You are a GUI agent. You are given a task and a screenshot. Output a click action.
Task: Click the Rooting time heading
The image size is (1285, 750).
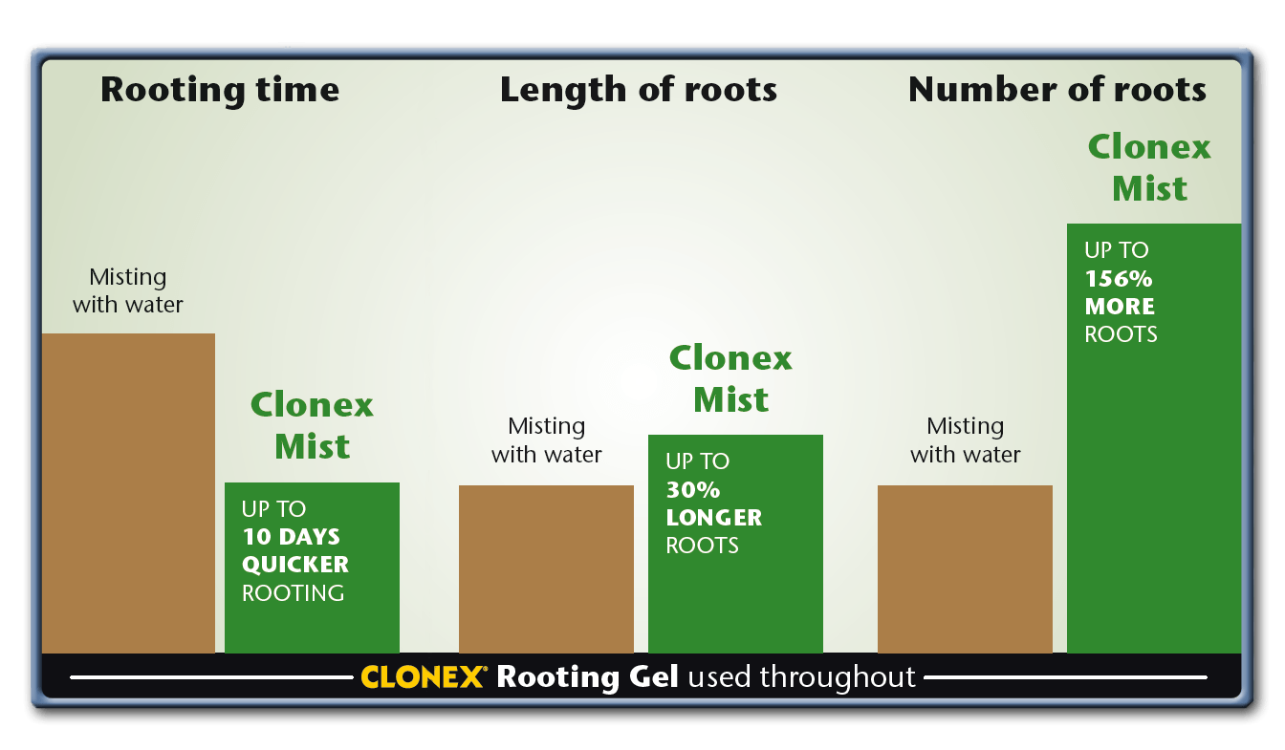coord(220,90)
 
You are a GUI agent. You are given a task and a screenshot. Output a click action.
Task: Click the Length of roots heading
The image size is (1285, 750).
coord(638,90)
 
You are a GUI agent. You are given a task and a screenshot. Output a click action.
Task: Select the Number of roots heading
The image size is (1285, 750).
coord(1056,90)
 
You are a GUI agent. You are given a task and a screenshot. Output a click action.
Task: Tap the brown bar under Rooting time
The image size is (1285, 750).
coord(128,493)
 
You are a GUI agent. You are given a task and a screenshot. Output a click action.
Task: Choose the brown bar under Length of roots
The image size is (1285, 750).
coord(546,569)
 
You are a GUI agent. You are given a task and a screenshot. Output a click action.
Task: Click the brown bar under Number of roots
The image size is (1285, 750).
coord(965,569)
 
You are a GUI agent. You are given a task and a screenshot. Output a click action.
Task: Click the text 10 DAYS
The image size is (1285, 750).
coord(291,537)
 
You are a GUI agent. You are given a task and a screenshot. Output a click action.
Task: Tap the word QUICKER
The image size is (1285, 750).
coord(295,565)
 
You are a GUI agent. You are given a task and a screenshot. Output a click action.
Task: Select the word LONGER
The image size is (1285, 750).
coord(714,518)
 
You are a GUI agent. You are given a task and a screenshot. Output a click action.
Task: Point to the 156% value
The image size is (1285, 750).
coord(1118,279)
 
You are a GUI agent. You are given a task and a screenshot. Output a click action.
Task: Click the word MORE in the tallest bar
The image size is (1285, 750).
coord(1120,307)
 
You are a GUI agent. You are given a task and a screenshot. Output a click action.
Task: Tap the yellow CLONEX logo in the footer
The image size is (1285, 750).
coord(423,677)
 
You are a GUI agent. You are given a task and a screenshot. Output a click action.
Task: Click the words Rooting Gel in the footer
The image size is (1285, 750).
coord(587,677)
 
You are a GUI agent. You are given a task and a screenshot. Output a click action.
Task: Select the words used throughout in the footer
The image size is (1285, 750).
coord(801,677)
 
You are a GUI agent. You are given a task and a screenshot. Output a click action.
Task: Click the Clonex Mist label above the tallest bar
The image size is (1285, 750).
coord(1150,167)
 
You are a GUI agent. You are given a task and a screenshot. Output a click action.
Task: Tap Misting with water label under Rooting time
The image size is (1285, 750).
coord(127,290)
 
